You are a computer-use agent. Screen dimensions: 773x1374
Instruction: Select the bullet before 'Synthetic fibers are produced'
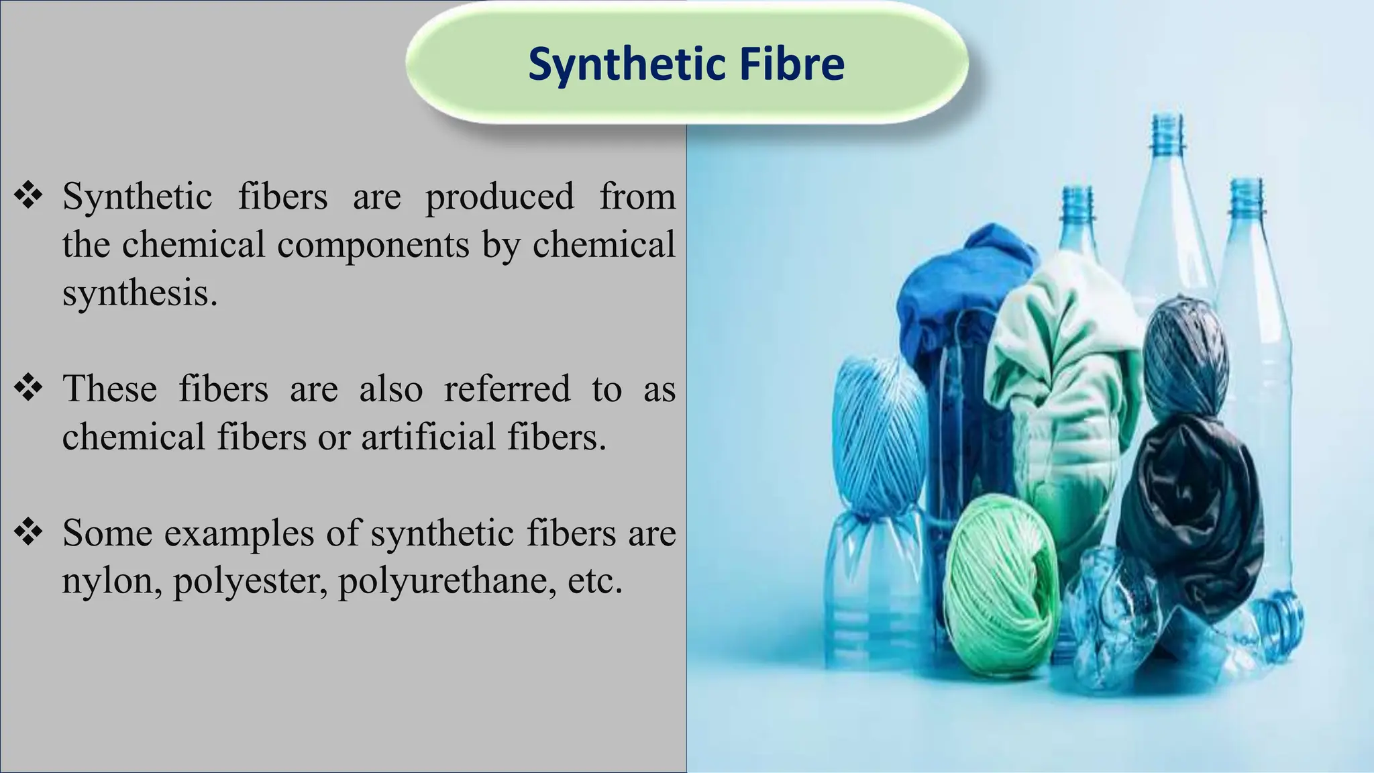click(x=28, y=197)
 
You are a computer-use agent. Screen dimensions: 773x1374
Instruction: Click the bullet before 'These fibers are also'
click(x=28, y=389)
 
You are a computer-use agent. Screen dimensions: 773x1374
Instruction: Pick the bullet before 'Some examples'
click(x=28, y=533)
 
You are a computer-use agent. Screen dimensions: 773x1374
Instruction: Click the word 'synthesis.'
click(x=140, y=293)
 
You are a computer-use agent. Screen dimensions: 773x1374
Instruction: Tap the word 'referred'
click(x=507, y=389)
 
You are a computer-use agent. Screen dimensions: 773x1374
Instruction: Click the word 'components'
click(x=373, y=245)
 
